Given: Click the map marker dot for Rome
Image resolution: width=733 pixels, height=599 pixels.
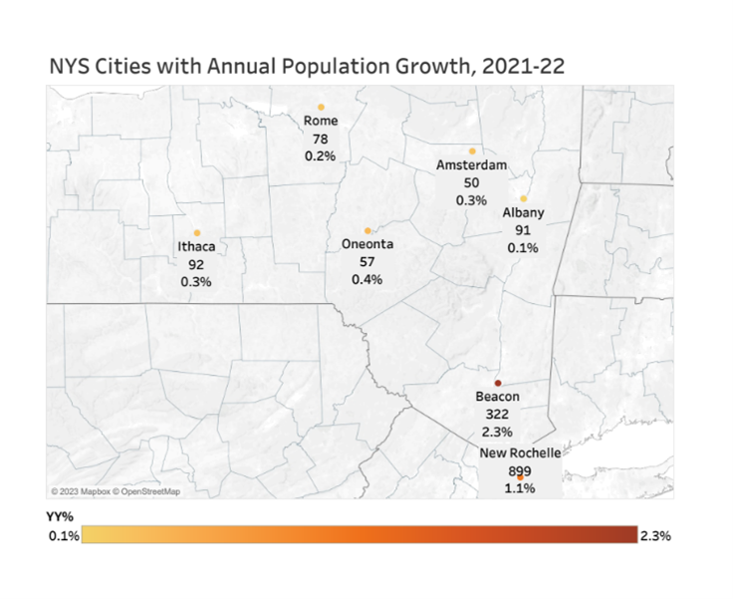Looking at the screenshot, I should [x=321, y=107].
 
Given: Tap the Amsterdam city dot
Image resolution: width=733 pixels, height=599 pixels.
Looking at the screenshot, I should [x=472, y=151].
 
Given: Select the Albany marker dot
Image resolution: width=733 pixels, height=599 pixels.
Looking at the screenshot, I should [x=523, y=198].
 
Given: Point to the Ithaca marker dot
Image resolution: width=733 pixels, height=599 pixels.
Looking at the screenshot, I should [x=197, y=233].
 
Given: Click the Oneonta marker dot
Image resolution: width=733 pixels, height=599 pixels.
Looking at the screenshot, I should [x=367, y=230].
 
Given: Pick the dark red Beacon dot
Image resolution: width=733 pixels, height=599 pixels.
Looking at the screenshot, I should [x=498, y=384].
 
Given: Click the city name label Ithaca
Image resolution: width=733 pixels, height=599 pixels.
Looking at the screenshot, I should [x=196, y=248].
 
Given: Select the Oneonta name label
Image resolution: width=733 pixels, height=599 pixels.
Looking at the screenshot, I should [x=367, y=244].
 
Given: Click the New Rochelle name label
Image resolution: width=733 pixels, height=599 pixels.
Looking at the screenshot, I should [x=521, y=454].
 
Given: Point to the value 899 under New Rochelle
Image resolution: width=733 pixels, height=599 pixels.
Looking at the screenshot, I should [x=521, y=471].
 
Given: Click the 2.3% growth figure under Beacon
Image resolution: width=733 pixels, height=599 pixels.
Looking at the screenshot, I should [x=497, y=432].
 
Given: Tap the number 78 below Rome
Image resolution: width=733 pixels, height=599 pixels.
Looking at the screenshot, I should [x=321, y=139].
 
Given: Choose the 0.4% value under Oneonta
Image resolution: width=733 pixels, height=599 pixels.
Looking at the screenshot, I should [x=367, y=279].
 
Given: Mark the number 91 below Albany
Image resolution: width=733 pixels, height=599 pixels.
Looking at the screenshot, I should [x=523, y=230].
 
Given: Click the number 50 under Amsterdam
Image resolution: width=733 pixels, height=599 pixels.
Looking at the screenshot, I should [x=472, y=183].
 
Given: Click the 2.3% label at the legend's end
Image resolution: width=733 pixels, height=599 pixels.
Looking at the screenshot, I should [x=655, y=535].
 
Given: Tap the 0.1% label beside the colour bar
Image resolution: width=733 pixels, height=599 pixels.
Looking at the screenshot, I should [x=63, y=535].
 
